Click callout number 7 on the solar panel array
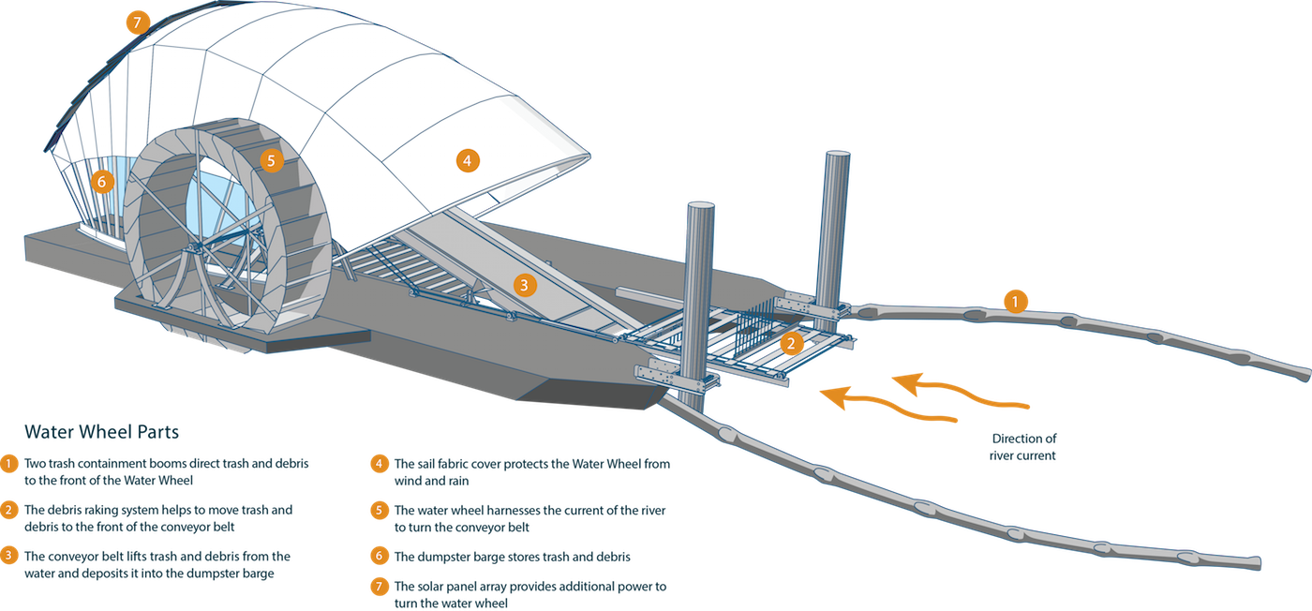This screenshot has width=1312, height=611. click(138, 22)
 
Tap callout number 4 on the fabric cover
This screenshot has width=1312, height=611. click(468, 160)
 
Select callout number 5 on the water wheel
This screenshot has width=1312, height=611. click(271, 160)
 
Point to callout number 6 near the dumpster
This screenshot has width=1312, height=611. click(103, 180)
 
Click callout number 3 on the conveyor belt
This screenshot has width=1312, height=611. click(525, 285)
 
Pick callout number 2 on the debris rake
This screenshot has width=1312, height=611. click(792, 343)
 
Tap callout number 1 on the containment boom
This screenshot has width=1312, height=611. click(1015, 301)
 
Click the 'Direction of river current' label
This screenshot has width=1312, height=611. click(1023, 446)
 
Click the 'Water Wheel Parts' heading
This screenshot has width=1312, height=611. click(101, 432)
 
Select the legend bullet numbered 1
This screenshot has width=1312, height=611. click(8, 464)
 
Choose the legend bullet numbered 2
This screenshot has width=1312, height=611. click(8, 510)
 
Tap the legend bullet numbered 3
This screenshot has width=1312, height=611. click(8, 556)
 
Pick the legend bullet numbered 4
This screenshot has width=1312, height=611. click(379, 464)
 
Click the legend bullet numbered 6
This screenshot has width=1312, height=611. click(379, 556)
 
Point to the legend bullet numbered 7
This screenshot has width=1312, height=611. click(379, 587)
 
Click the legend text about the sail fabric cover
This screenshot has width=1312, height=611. click(531, 471)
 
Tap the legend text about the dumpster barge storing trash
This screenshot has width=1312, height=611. click(513, 556)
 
